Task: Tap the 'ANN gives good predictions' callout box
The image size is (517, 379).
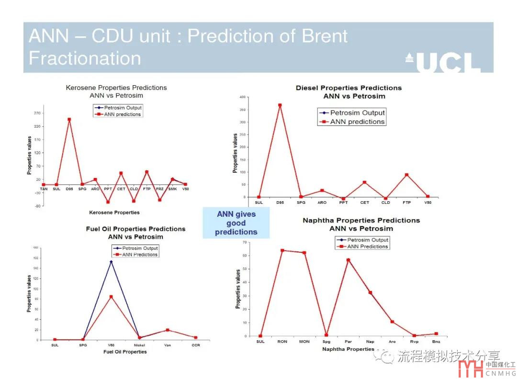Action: (236, 223)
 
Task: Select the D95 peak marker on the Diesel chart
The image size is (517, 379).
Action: (280, 105)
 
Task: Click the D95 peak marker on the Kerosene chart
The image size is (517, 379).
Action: (69, 119)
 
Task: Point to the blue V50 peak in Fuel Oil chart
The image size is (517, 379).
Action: (111, 262)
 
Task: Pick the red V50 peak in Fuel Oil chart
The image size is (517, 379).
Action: (111, 297)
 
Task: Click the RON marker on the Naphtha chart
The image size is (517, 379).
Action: (282, 250)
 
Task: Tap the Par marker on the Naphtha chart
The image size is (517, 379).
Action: (348, 260)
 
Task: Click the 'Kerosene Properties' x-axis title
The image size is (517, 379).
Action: (114, 212)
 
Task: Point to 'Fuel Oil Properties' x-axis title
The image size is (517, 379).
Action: (125, 352)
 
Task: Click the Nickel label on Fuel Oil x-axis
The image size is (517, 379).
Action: (139, 345)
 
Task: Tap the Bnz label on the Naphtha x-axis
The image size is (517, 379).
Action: (436, 342)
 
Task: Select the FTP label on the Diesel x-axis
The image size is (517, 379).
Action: (406, 202)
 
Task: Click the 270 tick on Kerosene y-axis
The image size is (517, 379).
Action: (37, 113)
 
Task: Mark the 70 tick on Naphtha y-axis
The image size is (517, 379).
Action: (244, 243)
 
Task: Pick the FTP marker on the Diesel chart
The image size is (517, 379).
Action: (406, 175)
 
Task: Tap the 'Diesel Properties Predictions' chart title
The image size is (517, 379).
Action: (348, 88)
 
